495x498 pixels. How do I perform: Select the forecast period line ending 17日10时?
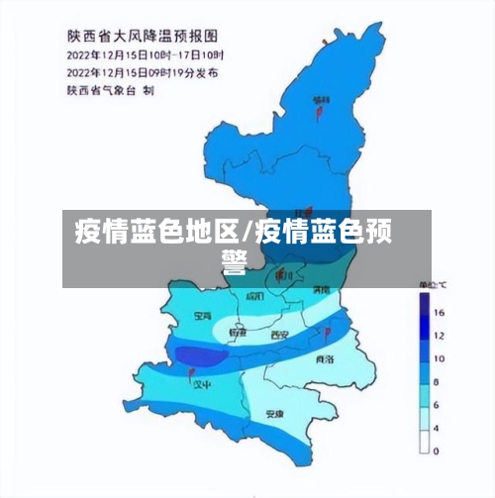click(x=145, y=53)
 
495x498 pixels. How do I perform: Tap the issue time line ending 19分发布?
click(x=143, y=72)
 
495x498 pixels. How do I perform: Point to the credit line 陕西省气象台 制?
click(x=110, y=90)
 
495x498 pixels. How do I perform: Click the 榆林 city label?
click(x=321, y=100)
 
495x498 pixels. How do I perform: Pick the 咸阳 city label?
click(x=254, y=296)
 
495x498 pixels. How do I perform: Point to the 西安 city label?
click(x=280, y=337)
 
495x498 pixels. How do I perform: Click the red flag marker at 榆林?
click(x=319, y=113)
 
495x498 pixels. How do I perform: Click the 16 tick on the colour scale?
click(x=440, y=311)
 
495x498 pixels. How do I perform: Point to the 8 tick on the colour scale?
click(x=440, y=381)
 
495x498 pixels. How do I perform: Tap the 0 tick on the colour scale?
click(x=440, y=450)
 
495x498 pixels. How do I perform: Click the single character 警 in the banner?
click(x=234, y=262)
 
